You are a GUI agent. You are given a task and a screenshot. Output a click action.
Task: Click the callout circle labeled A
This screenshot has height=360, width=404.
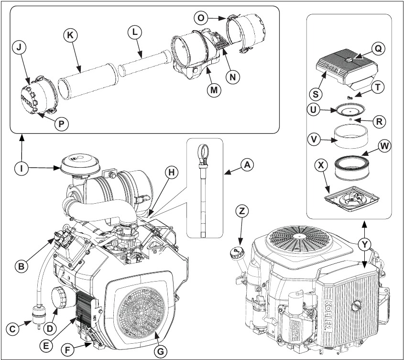click(247, 165)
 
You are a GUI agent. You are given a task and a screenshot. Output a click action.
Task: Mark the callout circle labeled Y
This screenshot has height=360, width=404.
click(365, 245)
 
